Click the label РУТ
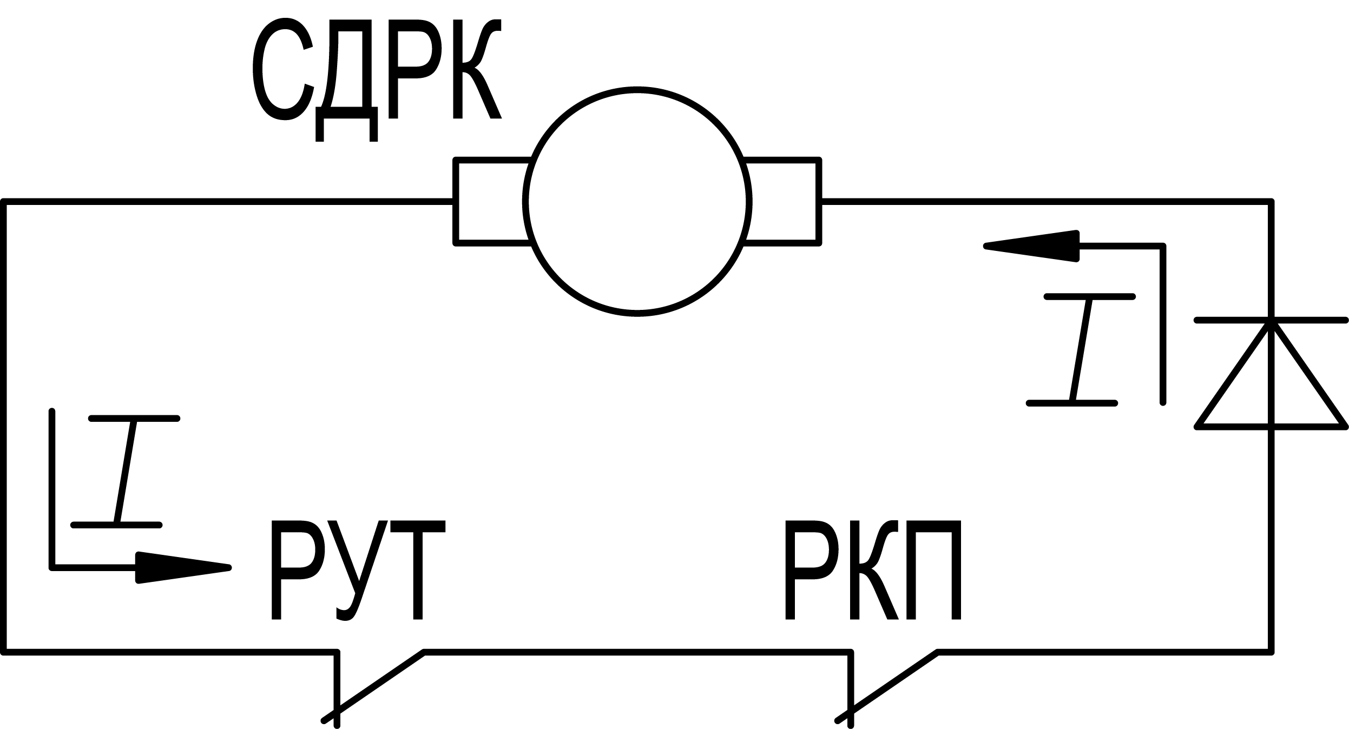[x=358, y=569]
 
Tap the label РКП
[x=872, y=569]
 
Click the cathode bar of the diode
[x=1271, y=321]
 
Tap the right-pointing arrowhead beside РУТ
[x=183, y=567]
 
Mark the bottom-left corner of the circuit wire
[x=4, y=652]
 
